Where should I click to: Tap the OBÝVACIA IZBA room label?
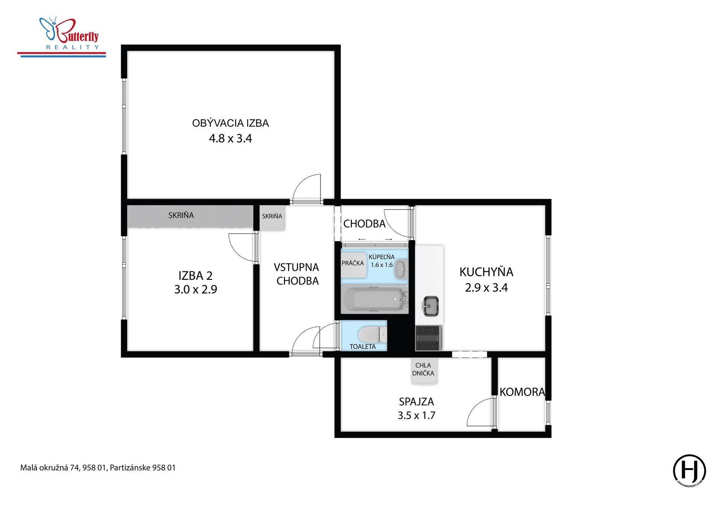click(x=231, y=123)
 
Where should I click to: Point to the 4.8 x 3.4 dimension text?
click(x=231, y=138)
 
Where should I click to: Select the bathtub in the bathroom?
click(x=375, y=300)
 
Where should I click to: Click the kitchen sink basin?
click(x=431, y=306)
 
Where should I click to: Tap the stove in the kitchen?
click(x=429, y=338)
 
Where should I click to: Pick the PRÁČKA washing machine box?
click(x=353, y=265)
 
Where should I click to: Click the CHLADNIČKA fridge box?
click(x=424, y=370)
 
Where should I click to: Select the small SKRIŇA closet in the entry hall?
click(x=272, y=217)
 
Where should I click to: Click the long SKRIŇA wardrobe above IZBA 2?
click(x=190, y=216)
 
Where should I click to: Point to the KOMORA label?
click(x=522, y=392)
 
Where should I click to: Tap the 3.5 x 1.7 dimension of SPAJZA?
click(x=417, y=415)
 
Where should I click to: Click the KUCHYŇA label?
click(x=486, y=272)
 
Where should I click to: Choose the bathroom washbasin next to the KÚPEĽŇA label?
click(x=401, y=269)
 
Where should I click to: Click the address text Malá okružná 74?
click(x=45, y=468)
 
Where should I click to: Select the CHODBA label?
click(x=364, y=224)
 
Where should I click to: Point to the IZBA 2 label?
click(x=196, y=276)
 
